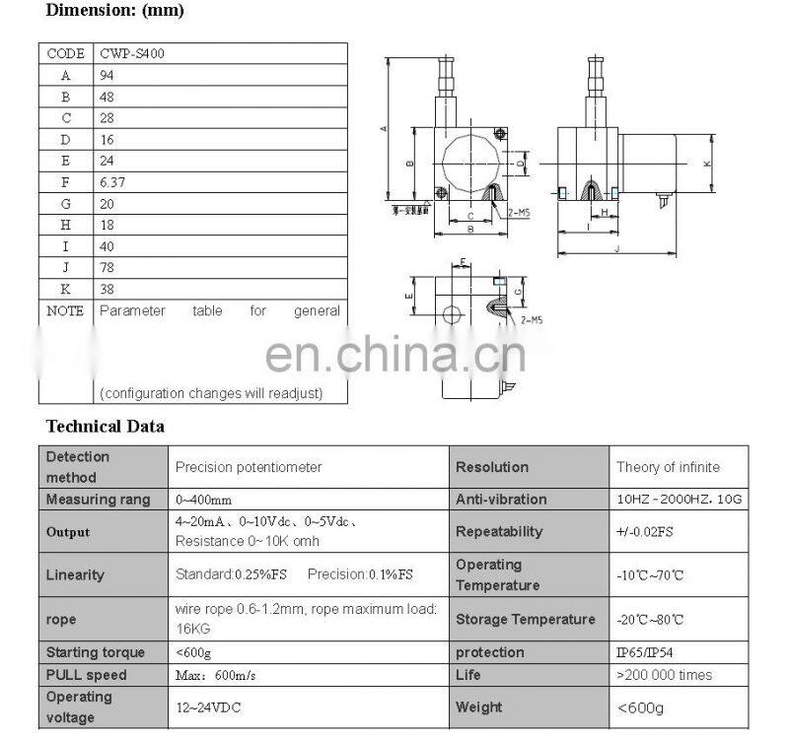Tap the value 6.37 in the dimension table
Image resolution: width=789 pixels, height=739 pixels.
[x=112, y=182]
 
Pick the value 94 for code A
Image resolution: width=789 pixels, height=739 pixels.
[x=108, y=75]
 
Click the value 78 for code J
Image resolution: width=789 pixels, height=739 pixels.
[x=108, y=267]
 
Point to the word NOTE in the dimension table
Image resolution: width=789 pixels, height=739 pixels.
[x=66, y=310]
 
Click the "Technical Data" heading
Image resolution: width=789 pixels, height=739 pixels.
[x=106, y=427]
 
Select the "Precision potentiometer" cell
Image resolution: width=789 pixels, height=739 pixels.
[x=249, y=467]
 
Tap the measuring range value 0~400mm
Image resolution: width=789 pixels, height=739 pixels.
[x=204, y=500]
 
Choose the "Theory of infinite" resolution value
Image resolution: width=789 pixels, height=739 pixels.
[x=668, y=467]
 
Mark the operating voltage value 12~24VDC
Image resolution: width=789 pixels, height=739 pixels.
[x=208, y=707]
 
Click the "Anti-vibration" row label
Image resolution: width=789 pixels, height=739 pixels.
[x=502, y=500]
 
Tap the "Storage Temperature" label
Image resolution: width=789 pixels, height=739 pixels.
[x=525, y=620]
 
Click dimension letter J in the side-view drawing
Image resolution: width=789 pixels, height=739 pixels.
[x=616, y=249]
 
